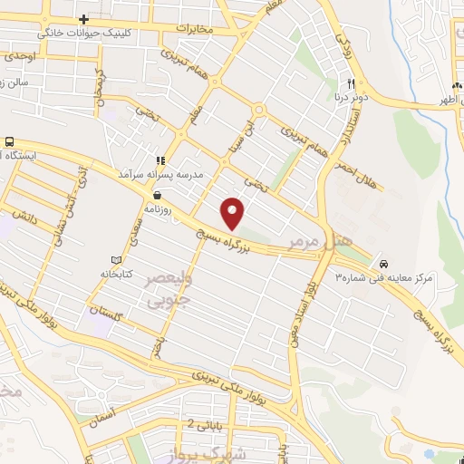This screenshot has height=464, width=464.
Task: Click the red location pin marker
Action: pyautogui.click(x=234, y=213)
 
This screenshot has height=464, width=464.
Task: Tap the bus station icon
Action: pyautogui.click(x=9, y=142)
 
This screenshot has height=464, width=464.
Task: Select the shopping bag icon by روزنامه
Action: pyautogui.click(x=158, y=194)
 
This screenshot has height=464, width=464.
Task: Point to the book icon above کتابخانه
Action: pyautogui.click(x=115, y=258)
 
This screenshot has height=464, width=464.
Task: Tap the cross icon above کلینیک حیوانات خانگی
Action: pyautogui.click(x=83, y=19)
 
